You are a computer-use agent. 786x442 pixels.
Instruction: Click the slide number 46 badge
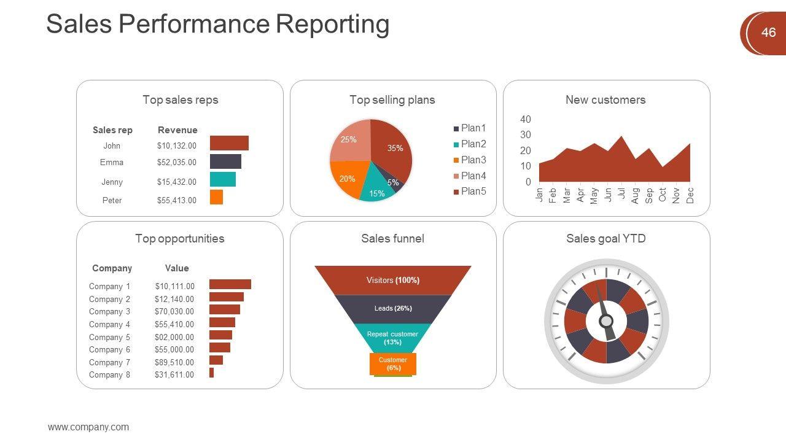point(768,33)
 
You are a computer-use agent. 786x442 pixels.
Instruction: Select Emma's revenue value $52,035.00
point(177,163)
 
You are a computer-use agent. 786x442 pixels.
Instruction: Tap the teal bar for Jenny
point(223,179)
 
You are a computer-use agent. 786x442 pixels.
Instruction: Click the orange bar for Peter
point(216,197)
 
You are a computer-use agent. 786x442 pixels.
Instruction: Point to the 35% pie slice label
point(395,148)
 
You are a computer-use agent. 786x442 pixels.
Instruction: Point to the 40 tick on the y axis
point(525,119)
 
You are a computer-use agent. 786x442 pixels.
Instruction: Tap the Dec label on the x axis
point(690,195)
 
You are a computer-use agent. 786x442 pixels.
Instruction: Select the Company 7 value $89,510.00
point(174,362)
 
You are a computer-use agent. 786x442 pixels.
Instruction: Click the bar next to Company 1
point(230,284)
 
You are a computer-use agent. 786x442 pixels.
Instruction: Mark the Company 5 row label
point(109,337)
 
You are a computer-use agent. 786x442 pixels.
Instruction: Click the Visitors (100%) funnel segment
point(393,281)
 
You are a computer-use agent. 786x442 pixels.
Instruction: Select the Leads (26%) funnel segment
point(393,308)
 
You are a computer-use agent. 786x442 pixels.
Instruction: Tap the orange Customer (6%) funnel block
point(393,364)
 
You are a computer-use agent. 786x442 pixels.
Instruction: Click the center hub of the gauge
point(606,321)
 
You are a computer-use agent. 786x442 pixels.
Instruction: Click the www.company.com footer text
point(88,427)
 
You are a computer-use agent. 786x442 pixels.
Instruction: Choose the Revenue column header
point(177,130)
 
